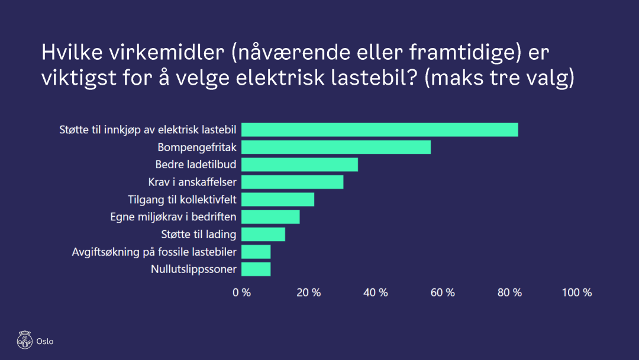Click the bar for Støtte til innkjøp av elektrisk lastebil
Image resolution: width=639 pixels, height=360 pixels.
pyautogui.click(x=379, y=130)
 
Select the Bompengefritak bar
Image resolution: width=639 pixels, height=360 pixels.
pyautogui.click(x=335, y=147)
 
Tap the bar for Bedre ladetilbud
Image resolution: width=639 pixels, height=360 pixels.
pyautogui.click(x=299, y=165)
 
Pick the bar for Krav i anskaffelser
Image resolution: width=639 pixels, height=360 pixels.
pyautogui.click(x=292, y=182)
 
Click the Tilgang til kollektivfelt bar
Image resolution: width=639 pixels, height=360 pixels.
pyautogui.click(x=277, y=200)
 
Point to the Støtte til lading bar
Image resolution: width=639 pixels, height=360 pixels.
pyautogui.click(x=263, y=234)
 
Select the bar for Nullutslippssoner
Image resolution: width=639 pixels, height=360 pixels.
pyautogui.click(x=256, y=269)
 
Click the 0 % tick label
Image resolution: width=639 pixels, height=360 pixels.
pyautogui.click(x=241, y=292)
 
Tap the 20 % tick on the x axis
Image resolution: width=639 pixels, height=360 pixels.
pyautogui.click(x=308, y=292)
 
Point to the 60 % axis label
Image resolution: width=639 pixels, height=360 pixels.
pyautogui.click(x=443, y=292)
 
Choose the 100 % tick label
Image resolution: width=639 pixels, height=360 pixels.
pyautogui.click(x=576, y=292)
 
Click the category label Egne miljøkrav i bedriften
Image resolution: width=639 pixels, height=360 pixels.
pyautogui.click(x=173, y=217)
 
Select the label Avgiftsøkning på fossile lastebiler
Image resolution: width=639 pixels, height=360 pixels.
pyautogui.click(x=154, y=252)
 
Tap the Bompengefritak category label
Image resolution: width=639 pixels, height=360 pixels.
pyautogui.click(x=197, y=147)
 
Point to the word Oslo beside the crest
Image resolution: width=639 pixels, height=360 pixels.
pyautogui.click(x=45, y=341)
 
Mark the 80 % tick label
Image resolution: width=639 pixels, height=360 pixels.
pyautogui.click(x=509, y=292)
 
